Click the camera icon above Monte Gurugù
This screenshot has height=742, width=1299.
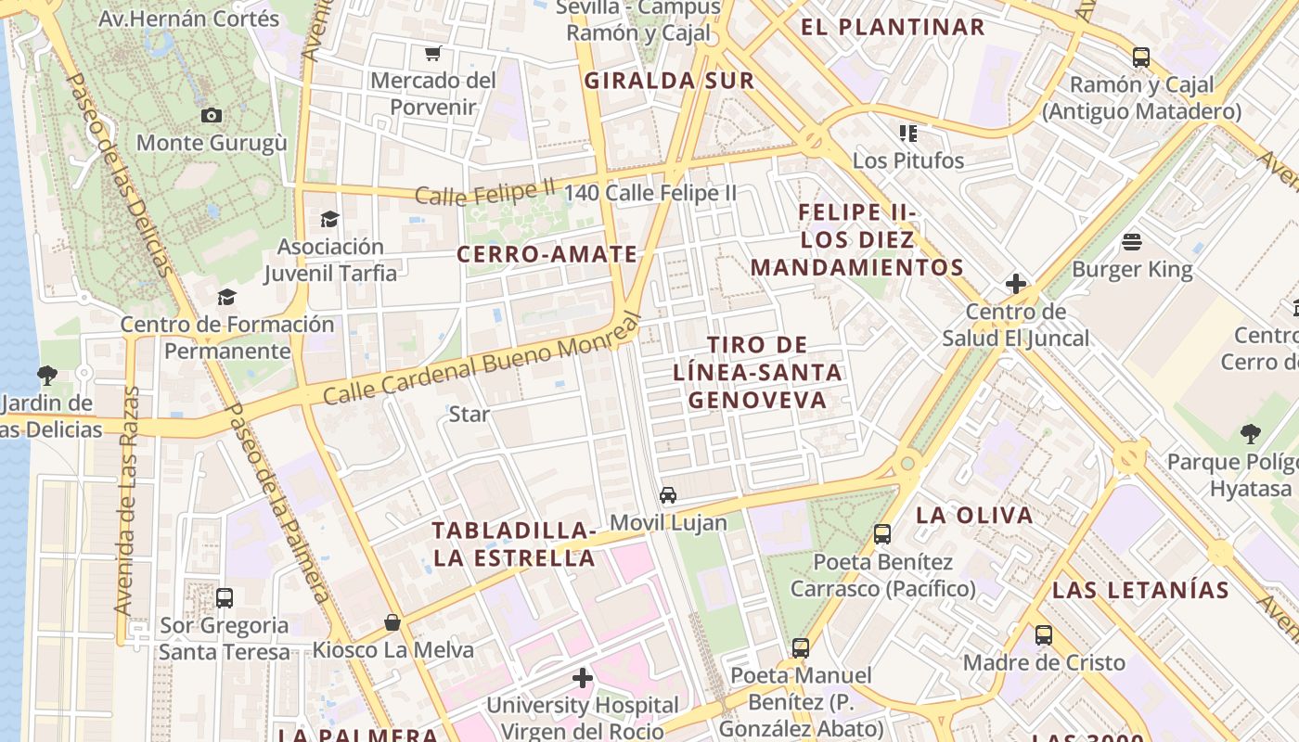tap(212, 116)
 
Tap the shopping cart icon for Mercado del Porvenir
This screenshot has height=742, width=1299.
tap(432, 53)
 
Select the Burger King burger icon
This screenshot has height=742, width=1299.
tap(1131, 242)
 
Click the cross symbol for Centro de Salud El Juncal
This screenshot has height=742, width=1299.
tap(1016, 284)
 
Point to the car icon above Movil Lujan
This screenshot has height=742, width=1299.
tap(668, 494)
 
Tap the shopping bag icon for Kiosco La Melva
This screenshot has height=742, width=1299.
tap(392, 622)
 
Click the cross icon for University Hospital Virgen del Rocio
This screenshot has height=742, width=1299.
tap(582, 679)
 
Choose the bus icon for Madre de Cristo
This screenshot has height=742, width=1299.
tap(1044, 635)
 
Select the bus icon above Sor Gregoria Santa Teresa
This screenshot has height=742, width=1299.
tap(224, 598)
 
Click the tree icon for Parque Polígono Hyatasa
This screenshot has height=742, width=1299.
tap(1250, 433)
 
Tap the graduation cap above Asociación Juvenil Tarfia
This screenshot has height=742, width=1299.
tap(329, 219)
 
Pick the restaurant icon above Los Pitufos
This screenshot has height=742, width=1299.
tap(907, 134)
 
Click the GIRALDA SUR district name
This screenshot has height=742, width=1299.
tap(669, 81)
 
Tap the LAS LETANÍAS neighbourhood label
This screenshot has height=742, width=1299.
tap(1140, 590)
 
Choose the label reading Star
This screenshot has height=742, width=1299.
tap(469, 414)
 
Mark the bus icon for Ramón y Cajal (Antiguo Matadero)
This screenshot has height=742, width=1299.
tap(1141, 58)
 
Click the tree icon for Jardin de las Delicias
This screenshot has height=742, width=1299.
tap(46, 376)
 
